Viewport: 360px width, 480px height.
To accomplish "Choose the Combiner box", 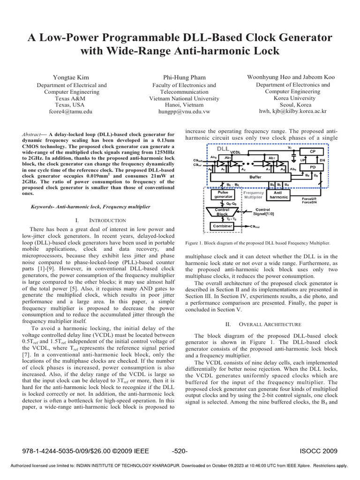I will [223, 226].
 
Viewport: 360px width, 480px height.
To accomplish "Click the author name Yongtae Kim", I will [71, 76].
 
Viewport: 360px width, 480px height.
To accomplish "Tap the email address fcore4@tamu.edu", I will [71, 112].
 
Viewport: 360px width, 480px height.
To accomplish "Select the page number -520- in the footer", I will [180, 451].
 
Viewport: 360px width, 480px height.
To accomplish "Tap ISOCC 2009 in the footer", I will [318, 451].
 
